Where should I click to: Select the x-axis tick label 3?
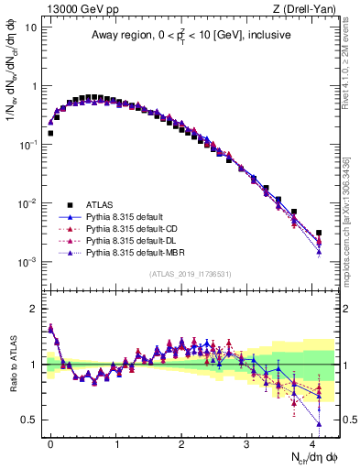247,442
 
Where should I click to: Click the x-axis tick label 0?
50,442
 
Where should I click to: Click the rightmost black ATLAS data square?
319,233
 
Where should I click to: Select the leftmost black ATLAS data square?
50,133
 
